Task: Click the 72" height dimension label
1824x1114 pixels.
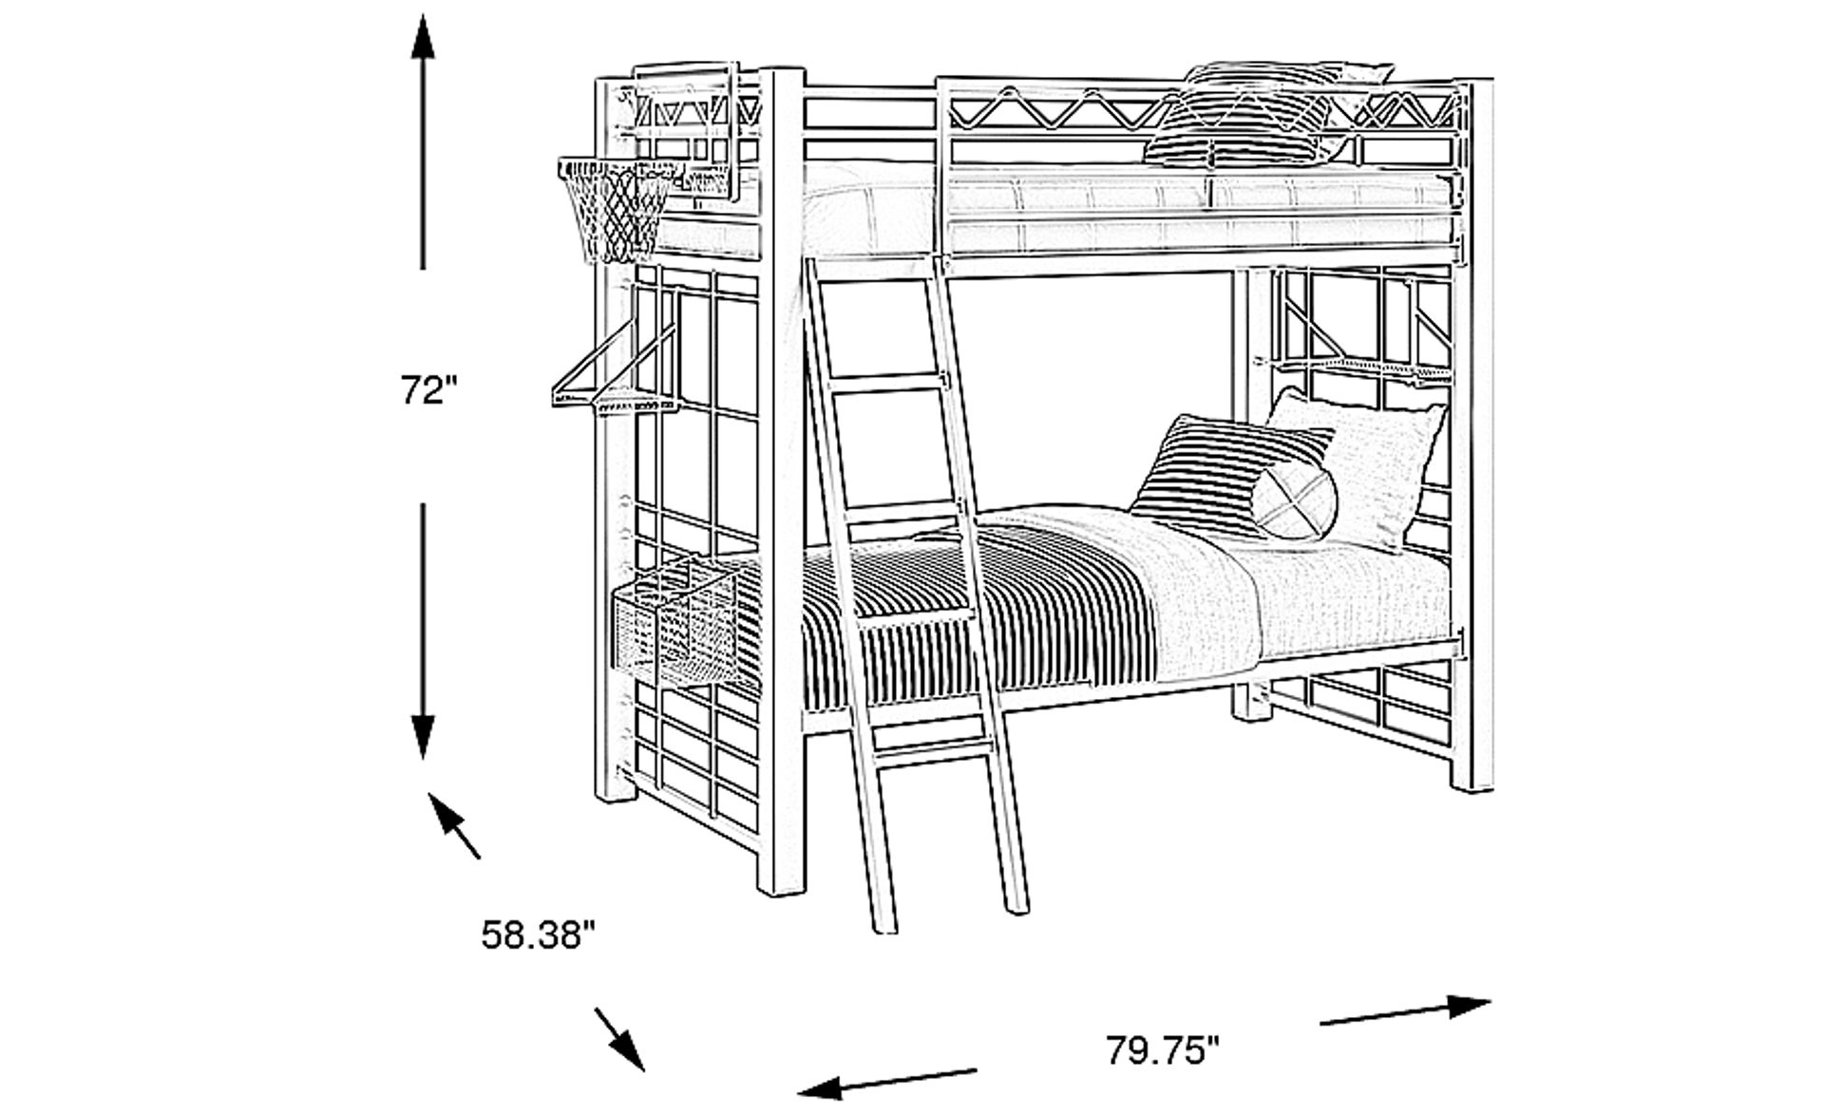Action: pos(428,389)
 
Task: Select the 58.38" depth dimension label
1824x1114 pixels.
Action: pos(538,935)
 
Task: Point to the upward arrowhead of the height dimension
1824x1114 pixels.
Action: pos(423,43)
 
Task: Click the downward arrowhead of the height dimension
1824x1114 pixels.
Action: pos(423,736)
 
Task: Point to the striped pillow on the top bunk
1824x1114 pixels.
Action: pos(1244,119)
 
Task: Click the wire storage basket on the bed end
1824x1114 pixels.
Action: pos(674,627)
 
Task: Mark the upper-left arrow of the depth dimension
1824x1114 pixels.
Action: pos(453,824)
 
